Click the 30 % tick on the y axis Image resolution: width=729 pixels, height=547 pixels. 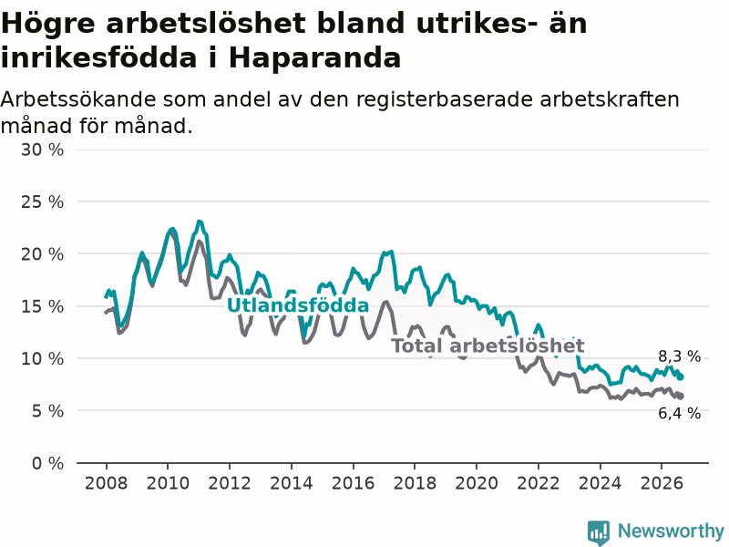[x=42, y=150]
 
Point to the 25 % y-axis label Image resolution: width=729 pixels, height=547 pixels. [x=42, y=201]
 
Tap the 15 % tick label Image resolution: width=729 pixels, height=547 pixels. [x=42, y=306]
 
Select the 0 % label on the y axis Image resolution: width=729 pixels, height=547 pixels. [x=48, y=463]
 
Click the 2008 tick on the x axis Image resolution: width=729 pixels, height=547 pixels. [x=106, y=483]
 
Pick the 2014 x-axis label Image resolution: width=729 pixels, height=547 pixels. [x=291, y=483]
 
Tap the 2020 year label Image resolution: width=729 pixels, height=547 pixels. [x=477, y=483]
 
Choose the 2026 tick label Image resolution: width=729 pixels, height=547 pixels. [x=662, y=483]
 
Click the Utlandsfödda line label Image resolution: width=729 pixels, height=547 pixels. [x=298, y=305]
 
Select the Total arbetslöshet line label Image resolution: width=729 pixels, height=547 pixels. [x=488, y=346]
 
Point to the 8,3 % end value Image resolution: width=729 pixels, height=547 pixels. [x=679, y=356]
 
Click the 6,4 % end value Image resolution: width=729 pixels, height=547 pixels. [x=679, y=413]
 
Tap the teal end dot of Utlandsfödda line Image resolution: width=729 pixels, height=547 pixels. [x=681, y=377]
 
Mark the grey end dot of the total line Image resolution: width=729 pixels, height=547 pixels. [x=681, y=397]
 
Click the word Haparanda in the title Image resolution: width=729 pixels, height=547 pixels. [x=314, y=58]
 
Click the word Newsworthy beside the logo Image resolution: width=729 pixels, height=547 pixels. [x=671, y=531]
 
